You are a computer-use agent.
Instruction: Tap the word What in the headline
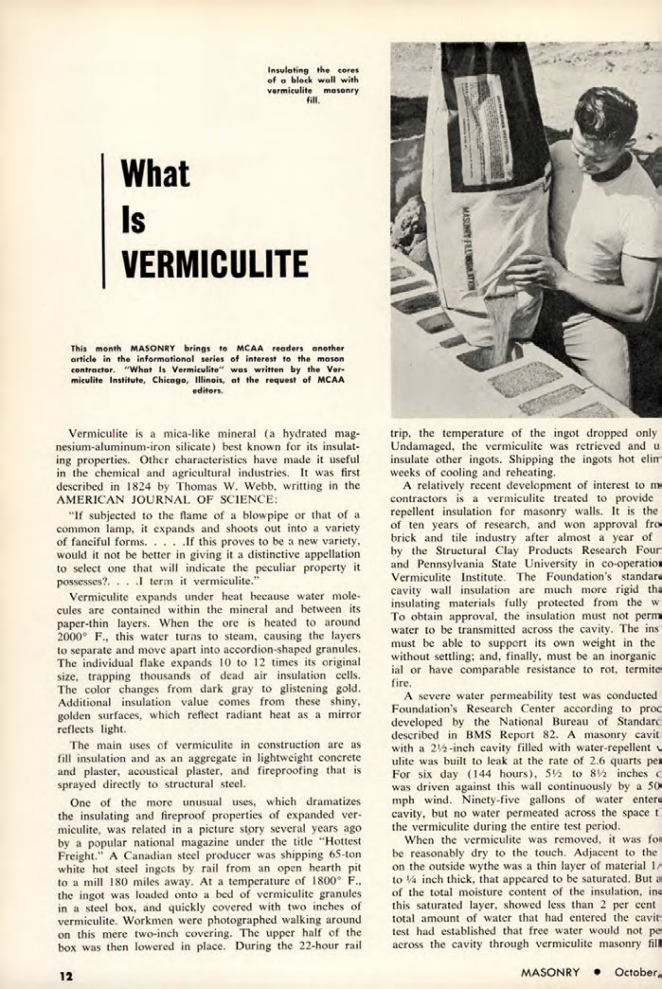pyautogui.click(x=155, y=173)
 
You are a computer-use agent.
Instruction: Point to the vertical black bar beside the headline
pyautogui.click(x=104, y=221)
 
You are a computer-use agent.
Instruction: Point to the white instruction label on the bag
pyautogui.click(x=485, y=126)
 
